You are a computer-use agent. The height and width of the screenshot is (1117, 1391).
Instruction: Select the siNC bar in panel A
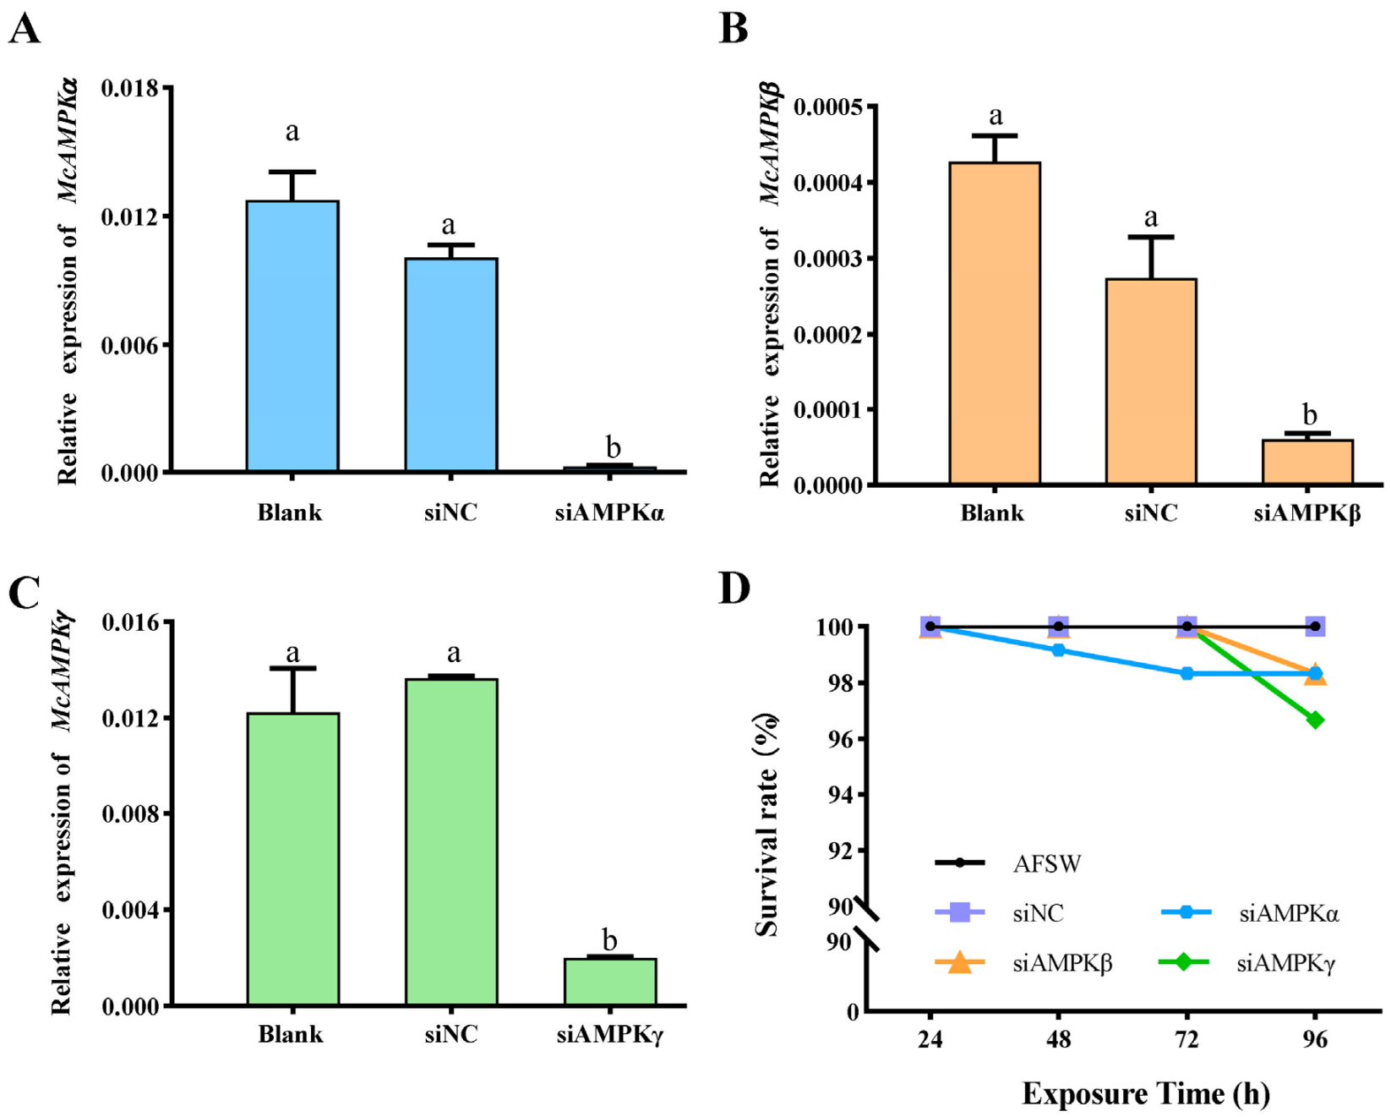click(x=450, y=364)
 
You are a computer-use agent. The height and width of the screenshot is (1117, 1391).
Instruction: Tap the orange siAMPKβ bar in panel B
click(x=1306, y=462)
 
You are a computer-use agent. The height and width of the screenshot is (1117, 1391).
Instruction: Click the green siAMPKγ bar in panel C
click(x=609, y=982)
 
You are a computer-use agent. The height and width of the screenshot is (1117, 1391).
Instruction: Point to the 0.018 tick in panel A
click(x=131, y=88)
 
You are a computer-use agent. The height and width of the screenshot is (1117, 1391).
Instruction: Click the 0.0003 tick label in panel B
click(x=827, y=259)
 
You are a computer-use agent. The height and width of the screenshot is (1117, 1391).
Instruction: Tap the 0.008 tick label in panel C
click(x=131, y=814)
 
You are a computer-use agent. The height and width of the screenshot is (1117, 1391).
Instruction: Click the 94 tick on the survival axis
click(x=840, y=795)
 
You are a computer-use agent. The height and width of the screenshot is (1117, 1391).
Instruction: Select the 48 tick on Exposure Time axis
click(x=1058, y=1039)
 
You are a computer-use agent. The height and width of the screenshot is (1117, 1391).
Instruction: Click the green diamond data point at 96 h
click(x=1315, y=720)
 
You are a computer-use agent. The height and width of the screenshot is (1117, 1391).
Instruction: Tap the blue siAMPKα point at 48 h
click(x=1058, y=650)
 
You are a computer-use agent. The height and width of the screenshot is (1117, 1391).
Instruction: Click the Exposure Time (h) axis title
click(x=1145, y=1094)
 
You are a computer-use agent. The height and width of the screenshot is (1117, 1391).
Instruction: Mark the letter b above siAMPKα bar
click(x=613, y=447)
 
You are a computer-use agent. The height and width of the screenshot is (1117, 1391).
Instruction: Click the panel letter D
click(x=734, y=588)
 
